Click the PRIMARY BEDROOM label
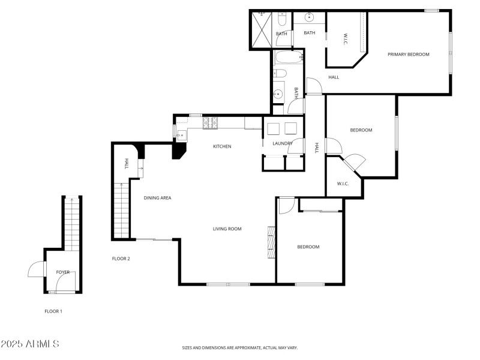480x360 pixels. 408,55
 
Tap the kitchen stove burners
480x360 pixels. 211,122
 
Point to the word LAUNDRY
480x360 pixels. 282,143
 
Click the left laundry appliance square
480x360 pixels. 274,128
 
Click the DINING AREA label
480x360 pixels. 157,197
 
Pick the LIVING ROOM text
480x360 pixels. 227,229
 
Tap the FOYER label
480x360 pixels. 63,272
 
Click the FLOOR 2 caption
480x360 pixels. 121,259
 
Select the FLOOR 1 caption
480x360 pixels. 53,311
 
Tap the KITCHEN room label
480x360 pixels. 222,146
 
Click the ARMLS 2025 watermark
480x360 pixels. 30,344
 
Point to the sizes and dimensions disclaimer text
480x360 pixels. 240,347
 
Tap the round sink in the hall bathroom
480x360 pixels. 278,93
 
